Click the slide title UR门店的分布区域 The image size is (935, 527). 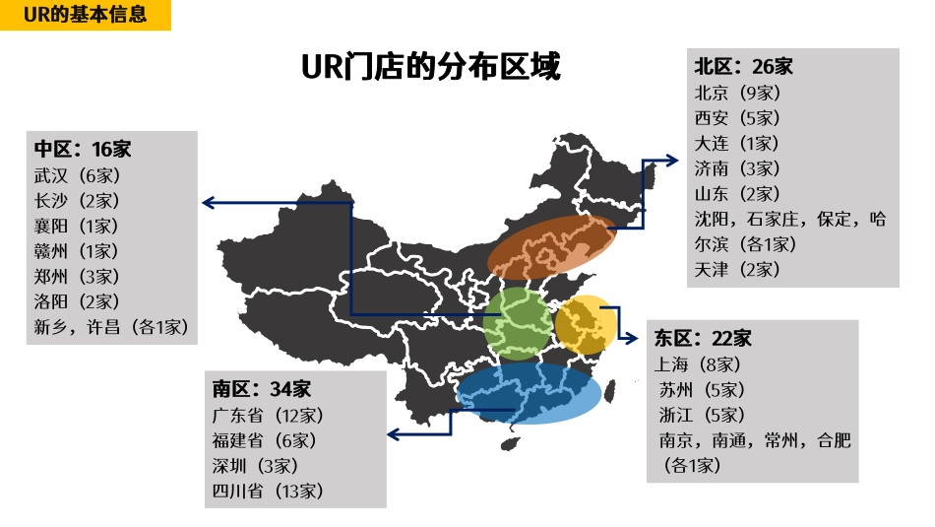(430, 67)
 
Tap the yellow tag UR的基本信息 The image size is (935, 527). (86, 15)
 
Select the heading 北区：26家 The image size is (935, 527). (743, 67)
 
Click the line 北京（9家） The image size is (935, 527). (737, 93)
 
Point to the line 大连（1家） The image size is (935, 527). (737, 143)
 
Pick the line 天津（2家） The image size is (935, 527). (737, 269)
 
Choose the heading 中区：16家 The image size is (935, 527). (83, 150)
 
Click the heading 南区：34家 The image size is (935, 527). (261, 388)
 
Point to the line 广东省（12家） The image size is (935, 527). (268, 415)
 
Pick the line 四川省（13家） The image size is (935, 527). (268, 491)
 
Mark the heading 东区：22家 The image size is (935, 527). (703, 339)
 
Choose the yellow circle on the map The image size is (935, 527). (586, 324)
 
